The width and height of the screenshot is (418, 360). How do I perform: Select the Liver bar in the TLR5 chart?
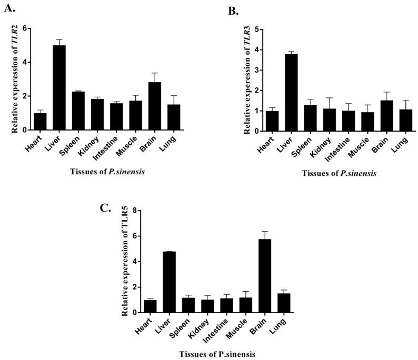point(170,282)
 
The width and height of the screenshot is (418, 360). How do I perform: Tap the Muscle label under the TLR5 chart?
point(233,326)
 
